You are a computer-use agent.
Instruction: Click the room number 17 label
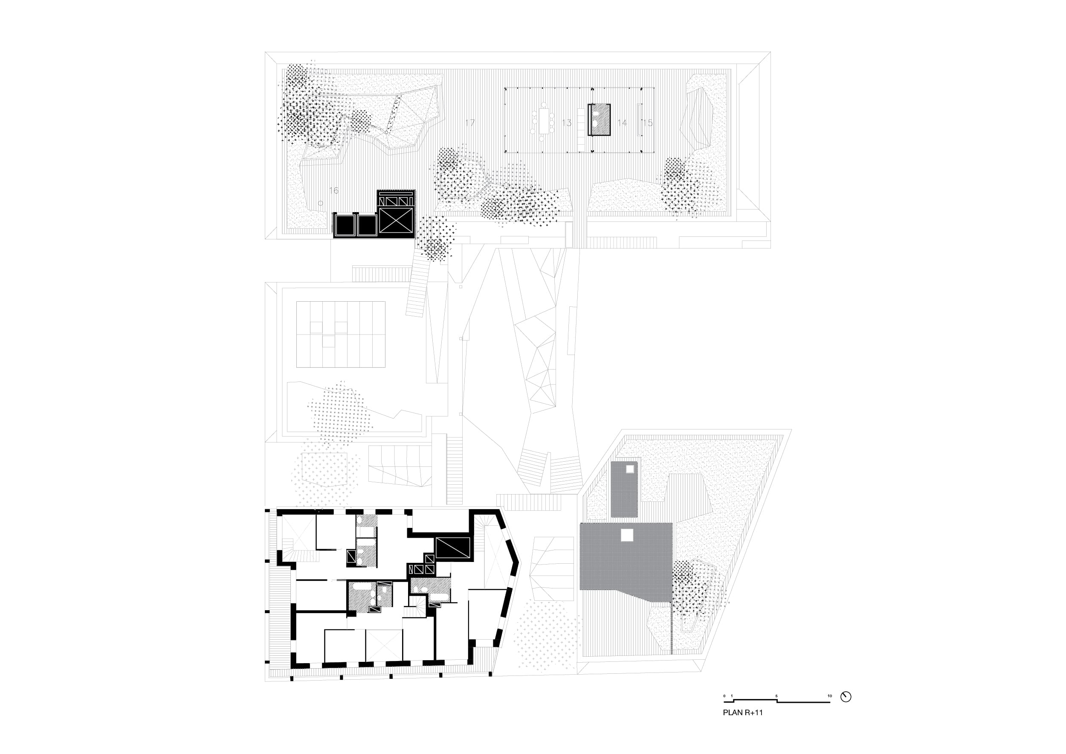[470, 122]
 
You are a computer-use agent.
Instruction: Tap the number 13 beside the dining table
[566, 122]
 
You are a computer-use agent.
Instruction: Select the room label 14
[622, 122]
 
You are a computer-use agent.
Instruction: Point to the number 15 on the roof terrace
[648, 122]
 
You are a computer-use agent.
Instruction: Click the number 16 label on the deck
[333, 190]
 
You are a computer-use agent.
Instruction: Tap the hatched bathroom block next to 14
[599, 119]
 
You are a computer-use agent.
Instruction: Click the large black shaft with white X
[396, 220]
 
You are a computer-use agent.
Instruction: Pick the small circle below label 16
[320, 204]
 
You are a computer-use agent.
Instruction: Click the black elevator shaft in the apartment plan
[453, 548]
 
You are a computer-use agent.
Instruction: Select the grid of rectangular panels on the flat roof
[341, 335]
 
